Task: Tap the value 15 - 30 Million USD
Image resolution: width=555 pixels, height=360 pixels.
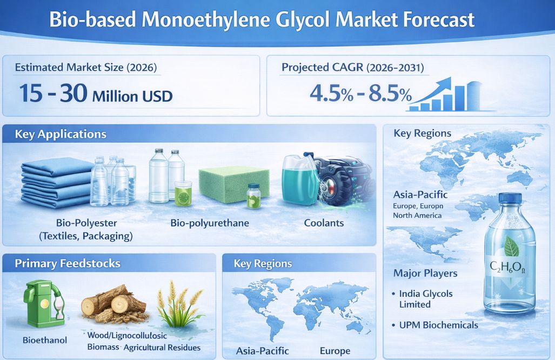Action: (x=96, y=94)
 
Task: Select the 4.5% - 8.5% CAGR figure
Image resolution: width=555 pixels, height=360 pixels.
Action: (x=360, y=94)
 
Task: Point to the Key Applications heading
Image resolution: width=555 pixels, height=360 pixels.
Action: (x=61, y=134)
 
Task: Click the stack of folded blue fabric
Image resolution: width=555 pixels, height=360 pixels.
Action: (x=57, y=183)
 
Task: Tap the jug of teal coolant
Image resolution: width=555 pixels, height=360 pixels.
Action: (x=299, y=180)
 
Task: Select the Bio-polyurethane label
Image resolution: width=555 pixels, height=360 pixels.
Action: (x=210, y=223)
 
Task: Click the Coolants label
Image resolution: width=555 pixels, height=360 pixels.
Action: (x=324, y=223)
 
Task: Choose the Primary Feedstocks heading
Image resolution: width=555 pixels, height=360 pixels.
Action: (x=68, y=264)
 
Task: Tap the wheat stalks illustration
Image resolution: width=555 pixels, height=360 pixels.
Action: (x=179, y=304)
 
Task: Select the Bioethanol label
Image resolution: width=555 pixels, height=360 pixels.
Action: (x=45, y=340)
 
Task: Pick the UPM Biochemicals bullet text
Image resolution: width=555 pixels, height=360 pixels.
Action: (x=439, y=325)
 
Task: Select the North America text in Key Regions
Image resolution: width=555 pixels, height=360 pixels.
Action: (x=417, y=215)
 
